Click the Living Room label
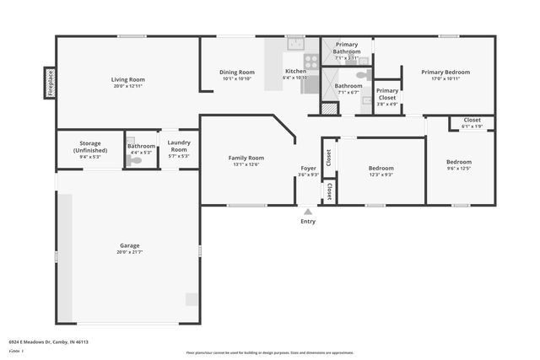coord(128,80)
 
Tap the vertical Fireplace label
coord(50,84)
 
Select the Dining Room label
coord(237,73)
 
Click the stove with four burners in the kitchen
coord(310,61)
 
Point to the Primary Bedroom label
coord(445,73)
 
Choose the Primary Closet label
coord(387,94)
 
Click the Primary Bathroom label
coord(347,48)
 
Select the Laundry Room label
coord(178,146)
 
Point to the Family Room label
coord(246,158)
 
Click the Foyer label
coord(309,168)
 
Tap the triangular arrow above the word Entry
coord(308,212)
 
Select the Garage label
coord(128,245)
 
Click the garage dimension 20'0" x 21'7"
coord(128,252)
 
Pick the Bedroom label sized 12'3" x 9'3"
coord(381,168)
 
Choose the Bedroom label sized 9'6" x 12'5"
coord(459,162)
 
